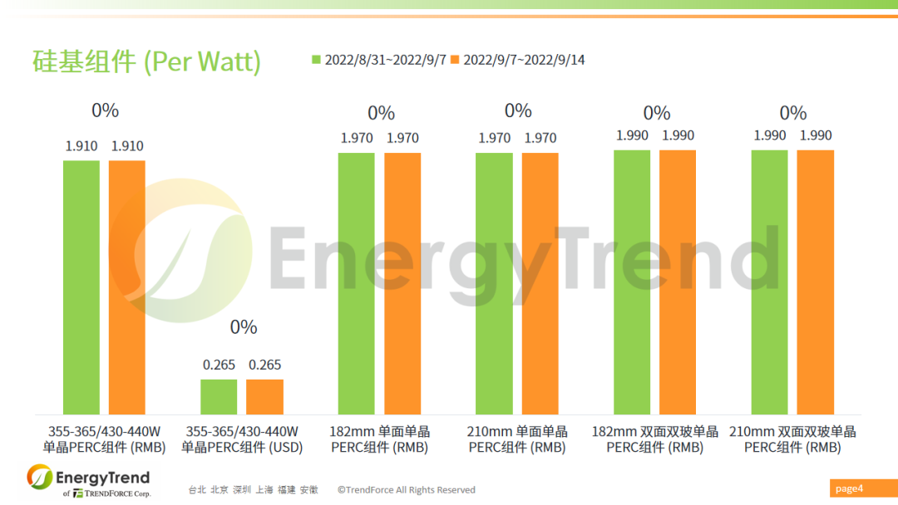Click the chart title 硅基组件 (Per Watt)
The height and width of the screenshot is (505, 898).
point(146,61)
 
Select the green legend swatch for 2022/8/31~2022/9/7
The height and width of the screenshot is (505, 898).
point(316,60)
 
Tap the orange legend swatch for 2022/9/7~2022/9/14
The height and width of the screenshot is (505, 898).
point(455,60)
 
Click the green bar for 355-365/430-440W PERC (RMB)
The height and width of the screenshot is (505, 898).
point(81,287)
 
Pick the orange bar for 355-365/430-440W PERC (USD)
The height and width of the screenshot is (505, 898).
point(264,397)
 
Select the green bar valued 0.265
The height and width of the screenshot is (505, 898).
point(219,397)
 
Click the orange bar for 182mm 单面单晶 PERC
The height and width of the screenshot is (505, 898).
point(402,283)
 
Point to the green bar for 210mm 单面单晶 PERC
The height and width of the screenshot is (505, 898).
point(494,283)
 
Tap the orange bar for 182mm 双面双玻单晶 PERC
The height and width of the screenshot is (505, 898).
point(678,282)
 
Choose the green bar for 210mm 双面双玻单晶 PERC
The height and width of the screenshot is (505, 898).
point(769,282)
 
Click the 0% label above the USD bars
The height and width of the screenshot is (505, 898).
point(243,327)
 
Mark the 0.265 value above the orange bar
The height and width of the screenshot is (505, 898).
point(264,365)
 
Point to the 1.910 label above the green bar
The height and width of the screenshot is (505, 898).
point(81,146)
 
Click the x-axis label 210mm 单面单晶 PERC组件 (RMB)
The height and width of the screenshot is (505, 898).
point(517,439)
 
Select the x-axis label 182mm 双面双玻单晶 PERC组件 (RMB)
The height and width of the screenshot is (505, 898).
point(654,439)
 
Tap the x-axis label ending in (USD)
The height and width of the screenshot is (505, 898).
point(242,439)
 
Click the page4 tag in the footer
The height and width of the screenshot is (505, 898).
point(849,488)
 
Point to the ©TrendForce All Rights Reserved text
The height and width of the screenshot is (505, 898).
point(406,490)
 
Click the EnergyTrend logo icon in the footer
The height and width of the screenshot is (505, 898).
point(39,478)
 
